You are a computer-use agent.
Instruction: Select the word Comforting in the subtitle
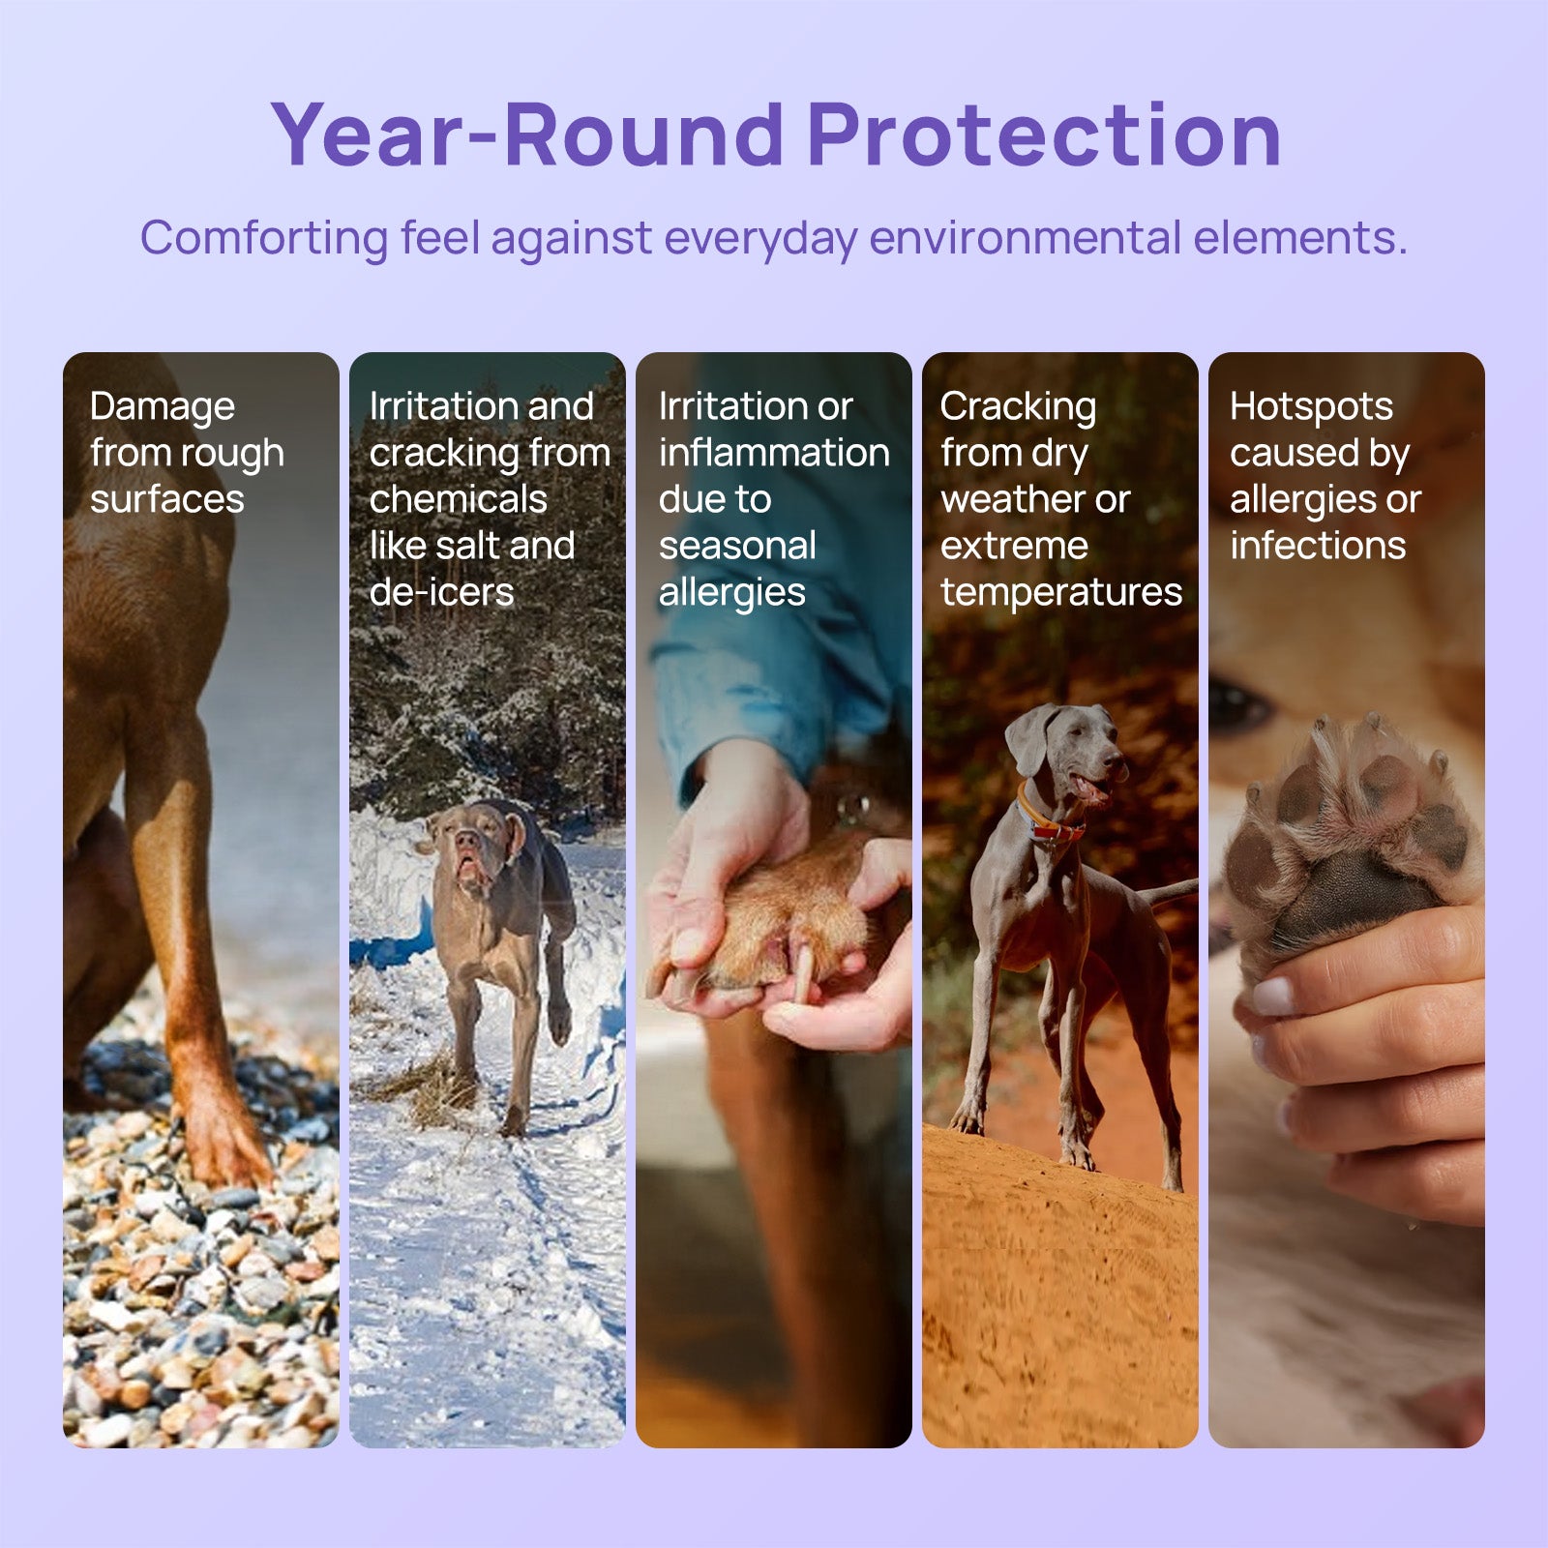[x=264, y=238]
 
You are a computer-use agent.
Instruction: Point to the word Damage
[x=163, y=407]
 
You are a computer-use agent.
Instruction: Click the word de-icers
[x=442, y=592]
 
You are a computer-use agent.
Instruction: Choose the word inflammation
[x=774, y=452]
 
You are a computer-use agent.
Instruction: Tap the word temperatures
[x=1061, y=592]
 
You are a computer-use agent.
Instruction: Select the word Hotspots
[x=1311, y=407]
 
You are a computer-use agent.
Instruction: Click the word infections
[x=1318, y=546]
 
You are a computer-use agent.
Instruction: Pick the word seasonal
[x=737, y=546]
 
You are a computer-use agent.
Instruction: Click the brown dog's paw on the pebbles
[x=223, y=1142]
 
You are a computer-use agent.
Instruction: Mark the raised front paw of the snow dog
[x=559, y=1021]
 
